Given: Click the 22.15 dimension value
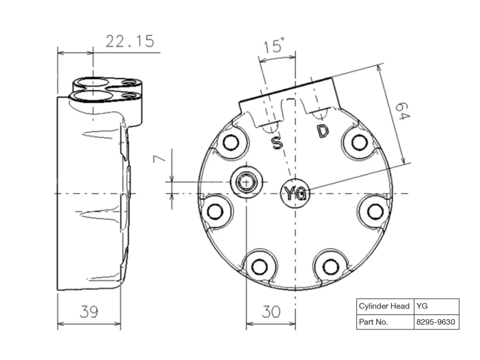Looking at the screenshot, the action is tap(130, 41).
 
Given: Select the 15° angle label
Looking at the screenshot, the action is tap(274, 46).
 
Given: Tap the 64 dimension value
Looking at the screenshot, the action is tap(402, 112).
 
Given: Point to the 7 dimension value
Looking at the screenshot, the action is tap(159, 158).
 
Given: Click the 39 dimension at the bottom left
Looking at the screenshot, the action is tap(89, 312).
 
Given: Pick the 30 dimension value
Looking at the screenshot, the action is tap(271, 312).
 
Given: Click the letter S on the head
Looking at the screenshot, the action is tap(277, 143).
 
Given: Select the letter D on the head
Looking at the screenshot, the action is tap(323, 131).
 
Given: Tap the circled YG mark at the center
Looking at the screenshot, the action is tap(295, 193).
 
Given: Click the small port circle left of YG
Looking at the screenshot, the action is tap(247, 182).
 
